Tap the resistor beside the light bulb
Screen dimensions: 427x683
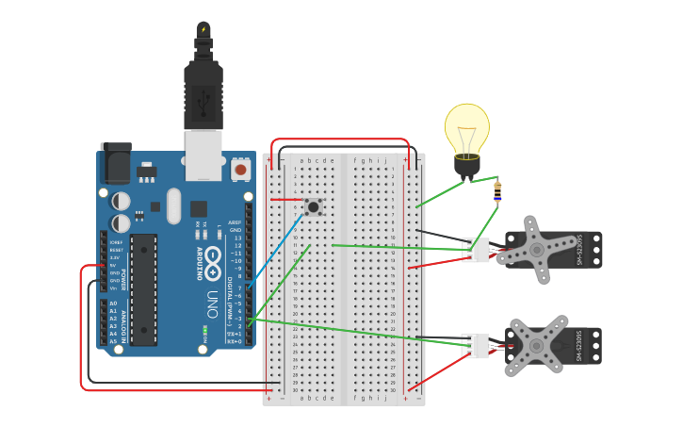point(497,191)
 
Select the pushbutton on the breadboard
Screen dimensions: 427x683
point(313,205)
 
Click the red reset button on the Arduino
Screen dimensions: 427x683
point(241,170)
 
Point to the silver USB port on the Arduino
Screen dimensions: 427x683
point(203,154)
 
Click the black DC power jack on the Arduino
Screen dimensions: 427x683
point(115,163)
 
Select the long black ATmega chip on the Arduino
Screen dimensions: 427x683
point(143,288)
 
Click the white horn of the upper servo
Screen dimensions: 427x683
point(534,250)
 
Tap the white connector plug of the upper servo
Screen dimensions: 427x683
point(476,250)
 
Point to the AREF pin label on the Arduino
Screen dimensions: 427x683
point(235,222)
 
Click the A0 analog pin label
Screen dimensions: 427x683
point(113,304)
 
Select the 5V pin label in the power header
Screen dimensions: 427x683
point(114,265)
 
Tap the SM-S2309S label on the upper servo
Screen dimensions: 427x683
point(579,250)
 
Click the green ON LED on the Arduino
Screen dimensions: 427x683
point(204,331)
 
